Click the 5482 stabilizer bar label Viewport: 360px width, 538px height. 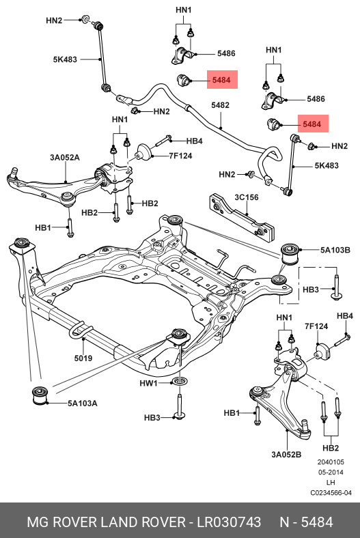(x=220, y=105)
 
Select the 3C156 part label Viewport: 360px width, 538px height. (x=247, y=197)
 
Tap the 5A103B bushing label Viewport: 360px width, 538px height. (x=335, y=250)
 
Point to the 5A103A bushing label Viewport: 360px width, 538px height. (x=82, y=403)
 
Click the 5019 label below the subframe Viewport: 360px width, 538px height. (x=83, y=358)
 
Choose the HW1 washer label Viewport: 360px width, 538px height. (x=148, y=383)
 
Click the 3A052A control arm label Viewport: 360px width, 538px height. (x=65, y=158)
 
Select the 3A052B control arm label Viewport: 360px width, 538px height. (x=286, y=455)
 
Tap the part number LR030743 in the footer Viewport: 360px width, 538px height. (x=229, y=522)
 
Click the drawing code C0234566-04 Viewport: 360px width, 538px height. (x=331, y=493)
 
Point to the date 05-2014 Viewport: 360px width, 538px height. (x=331, y=472)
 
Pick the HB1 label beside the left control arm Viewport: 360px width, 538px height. (x=43, y=227)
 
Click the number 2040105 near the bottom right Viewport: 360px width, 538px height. (x=331, y=462)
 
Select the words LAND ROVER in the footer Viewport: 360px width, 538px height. (x=142, y=522)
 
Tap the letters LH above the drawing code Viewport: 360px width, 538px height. (x=331, y=483)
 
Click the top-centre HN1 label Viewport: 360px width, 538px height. (x=184, y=10)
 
